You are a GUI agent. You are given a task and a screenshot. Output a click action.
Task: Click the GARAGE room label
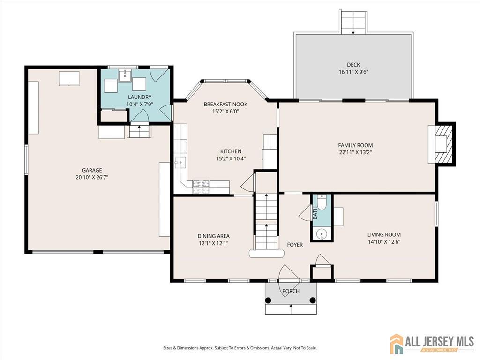point(92,170)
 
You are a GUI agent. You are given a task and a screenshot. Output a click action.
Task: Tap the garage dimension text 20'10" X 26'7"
point(92,177)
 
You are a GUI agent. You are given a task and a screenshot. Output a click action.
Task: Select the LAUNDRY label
point(140,97)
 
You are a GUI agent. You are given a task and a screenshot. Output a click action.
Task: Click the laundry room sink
point(125,75)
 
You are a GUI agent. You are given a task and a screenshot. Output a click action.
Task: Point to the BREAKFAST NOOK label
point(225,105)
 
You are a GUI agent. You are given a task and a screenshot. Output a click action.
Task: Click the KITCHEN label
point(231,151)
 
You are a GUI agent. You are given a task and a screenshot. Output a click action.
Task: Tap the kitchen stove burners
point(201,187)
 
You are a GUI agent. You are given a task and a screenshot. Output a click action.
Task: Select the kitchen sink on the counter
point(180,162)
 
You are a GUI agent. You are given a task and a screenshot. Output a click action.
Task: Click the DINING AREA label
point(213,236)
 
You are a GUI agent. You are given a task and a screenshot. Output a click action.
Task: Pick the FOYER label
point(295,245)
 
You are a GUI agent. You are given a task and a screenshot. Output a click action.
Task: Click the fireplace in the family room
point(442,143)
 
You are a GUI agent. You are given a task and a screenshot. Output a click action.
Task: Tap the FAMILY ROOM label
point(355,145)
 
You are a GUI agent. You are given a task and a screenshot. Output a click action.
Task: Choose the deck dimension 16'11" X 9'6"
point(353,72)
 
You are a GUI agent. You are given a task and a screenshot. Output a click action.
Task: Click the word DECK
point(353,65)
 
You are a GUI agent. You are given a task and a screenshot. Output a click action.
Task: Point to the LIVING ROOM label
point(384,235)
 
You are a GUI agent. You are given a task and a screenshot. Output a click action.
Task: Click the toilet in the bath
point(322,202)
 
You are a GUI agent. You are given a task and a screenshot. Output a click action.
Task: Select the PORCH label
point(291,291)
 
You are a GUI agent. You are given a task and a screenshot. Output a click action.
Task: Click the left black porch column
point(268,300)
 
